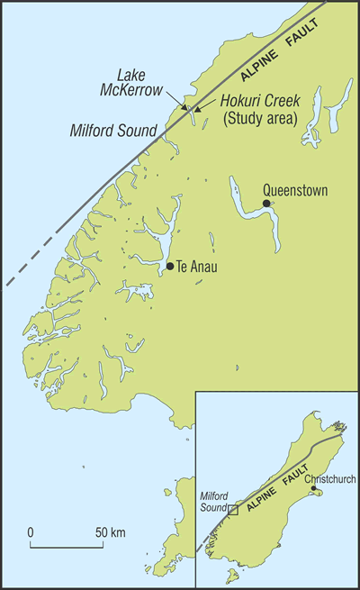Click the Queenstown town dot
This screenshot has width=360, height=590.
[266, 204]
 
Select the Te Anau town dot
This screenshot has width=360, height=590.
[170, 266]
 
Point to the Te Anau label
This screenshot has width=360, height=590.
[197, 267]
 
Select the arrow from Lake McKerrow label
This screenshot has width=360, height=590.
[180, 102]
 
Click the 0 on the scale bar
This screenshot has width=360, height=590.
[31, 532]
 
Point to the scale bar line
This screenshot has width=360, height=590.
[65, 546]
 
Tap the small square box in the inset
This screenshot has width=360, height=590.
[232, 510]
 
